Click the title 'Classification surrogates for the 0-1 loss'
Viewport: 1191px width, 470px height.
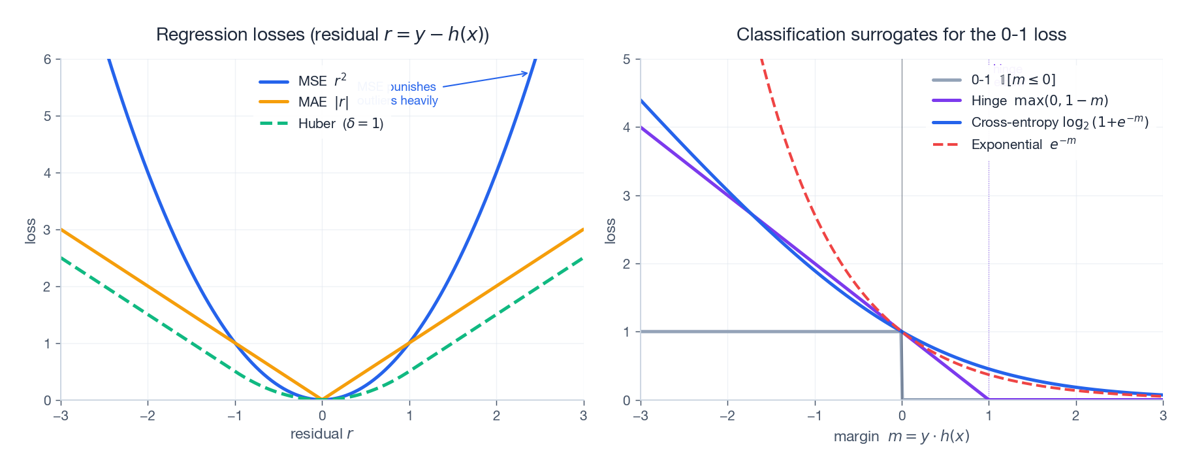(901, 35)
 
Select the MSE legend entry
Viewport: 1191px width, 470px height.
(303, 81)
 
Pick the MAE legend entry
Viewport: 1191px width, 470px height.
(304, 102)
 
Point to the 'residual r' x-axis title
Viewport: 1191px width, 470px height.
(322, 434)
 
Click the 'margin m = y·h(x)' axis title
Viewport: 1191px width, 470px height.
(901, 436)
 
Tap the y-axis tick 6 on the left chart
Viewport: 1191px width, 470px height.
(48, 59)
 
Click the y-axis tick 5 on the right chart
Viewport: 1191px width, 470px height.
(627, 59)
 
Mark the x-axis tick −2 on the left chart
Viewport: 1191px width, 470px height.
(148, 416)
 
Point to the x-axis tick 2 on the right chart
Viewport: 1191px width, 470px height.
(1075, 416)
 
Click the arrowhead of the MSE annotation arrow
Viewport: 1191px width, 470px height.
(526, 73)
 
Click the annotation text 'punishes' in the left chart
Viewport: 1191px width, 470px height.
(413, 87)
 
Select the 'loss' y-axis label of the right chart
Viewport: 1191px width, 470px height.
(611, 231)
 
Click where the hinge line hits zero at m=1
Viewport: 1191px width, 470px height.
(989, 399)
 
